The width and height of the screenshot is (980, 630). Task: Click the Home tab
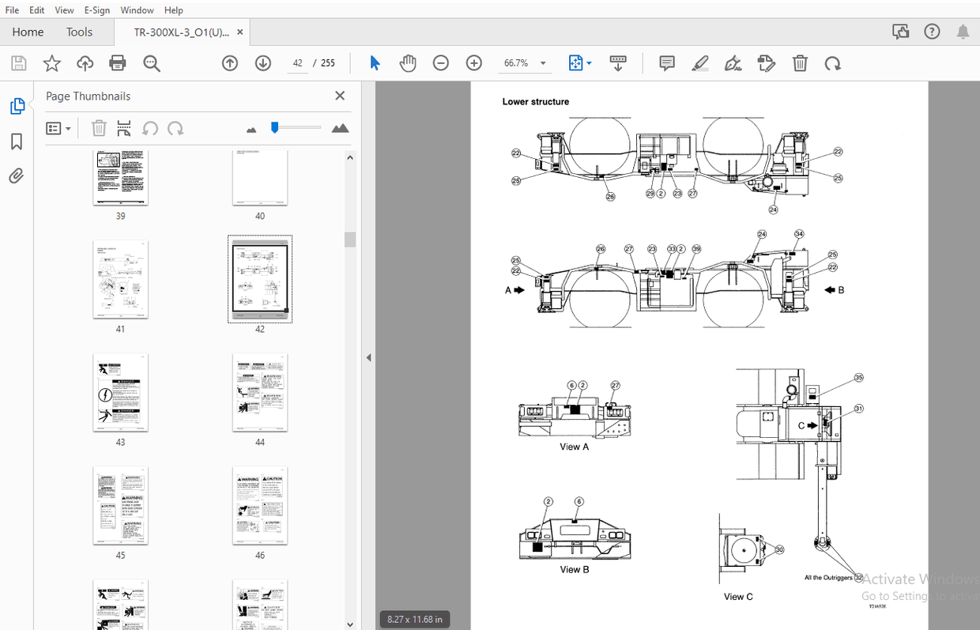(x=28, y=32)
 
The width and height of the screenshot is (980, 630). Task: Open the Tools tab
(x=79, y=32)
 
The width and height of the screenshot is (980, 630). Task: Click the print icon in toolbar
(x=118, y=63)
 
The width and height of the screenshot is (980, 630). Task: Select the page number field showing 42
(x=298, y=63)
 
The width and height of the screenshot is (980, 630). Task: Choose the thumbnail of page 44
(x=260, y=393)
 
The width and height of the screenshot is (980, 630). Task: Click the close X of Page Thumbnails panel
(x=340, y=96)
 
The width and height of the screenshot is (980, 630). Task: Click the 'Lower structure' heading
(x=535, y=102)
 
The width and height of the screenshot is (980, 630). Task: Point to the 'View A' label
(x=575, y=447)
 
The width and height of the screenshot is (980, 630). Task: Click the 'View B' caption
(x=575, y=569)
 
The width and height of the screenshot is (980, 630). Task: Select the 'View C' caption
(x=738, y=597)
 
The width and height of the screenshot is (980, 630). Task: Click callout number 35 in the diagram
(x=859, y=378)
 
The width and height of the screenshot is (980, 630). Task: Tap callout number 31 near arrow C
(x=859, y=409)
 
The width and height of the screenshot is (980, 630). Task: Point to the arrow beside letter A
(x=519, y=290)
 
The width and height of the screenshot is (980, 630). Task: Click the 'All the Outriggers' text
(x=827, y=578)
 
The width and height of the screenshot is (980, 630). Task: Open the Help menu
(x=173, y=10)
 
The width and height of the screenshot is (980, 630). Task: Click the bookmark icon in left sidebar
(x=16, y=141)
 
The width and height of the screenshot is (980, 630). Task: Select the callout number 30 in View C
(x=779, y=549)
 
